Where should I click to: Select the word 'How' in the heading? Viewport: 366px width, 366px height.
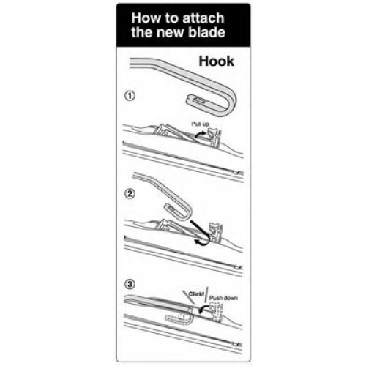point(143,18)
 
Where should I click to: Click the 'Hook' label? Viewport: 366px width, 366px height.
point(217,61)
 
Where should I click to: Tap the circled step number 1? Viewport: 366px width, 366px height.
point(130,96)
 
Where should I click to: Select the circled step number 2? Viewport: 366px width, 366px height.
point(130,194)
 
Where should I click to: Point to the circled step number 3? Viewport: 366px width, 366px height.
point(130,284)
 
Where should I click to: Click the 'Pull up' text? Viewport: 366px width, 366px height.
point(200,124)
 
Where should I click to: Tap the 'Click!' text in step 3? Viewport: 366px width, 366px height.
point(196,294)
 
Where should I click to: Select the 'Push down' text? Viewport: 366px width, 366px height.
point(223,298)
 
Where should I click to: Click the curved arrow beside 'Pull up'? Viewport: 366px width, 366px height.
point(201,134)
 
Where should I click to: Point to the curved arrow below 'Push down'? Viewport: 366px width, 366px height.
point(203,310)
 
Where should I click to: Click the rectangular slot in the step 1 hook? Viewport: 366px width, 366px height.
point(201,100)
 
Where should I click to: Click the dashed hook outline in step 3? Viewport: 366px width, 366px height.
point(179,318)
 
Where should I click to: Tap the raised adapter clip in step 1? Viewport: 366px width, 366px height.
point(214,138)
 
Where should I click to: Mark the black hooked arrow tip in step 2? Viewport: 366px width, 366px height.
point(195,242)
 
